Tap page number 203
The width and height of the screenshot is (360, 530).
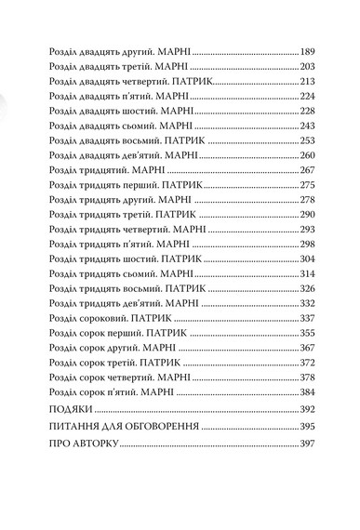pos(309,67)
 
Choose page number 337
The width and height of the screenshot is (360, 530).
pos(309,317)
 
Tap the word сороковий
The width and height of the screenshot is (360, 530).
pos(102,317)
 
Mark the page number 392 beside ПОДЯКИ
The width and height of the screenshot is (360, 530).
pos(309,409)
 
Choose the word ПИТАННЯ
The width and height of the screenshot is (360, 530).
pos(79,427)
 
